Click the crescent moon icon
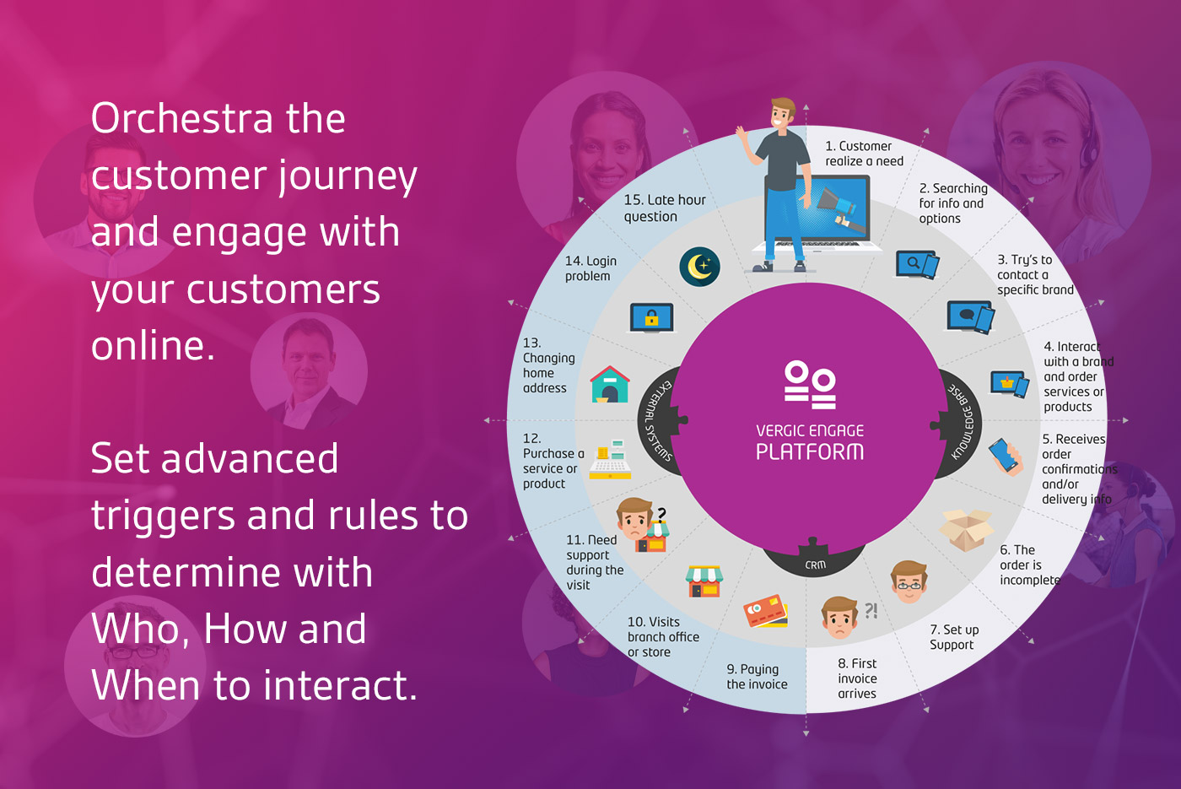(x=699, y=267)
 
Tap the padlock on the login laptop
(x=651, y=318)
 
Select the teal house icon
(x=609, y=385)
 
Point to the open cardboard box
(x=966, y=530)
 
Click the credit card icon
(x=766, y=611)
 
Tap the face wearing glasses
(x=909, y=581)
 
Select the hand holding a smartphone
(x=1006, y=457)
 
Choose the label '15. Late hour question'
(x=665, y=208)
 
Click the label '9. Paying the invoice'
(x=757, y=677)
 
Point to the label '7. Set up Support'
(x=954, y=637)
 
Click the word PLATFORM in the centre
(x=810, y=451)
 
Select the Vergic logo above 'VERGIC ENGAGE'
(x=810, y=385)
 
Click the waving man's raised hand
(x=741, y=134)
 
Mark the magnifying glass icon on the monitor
(x=913, y=262)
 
